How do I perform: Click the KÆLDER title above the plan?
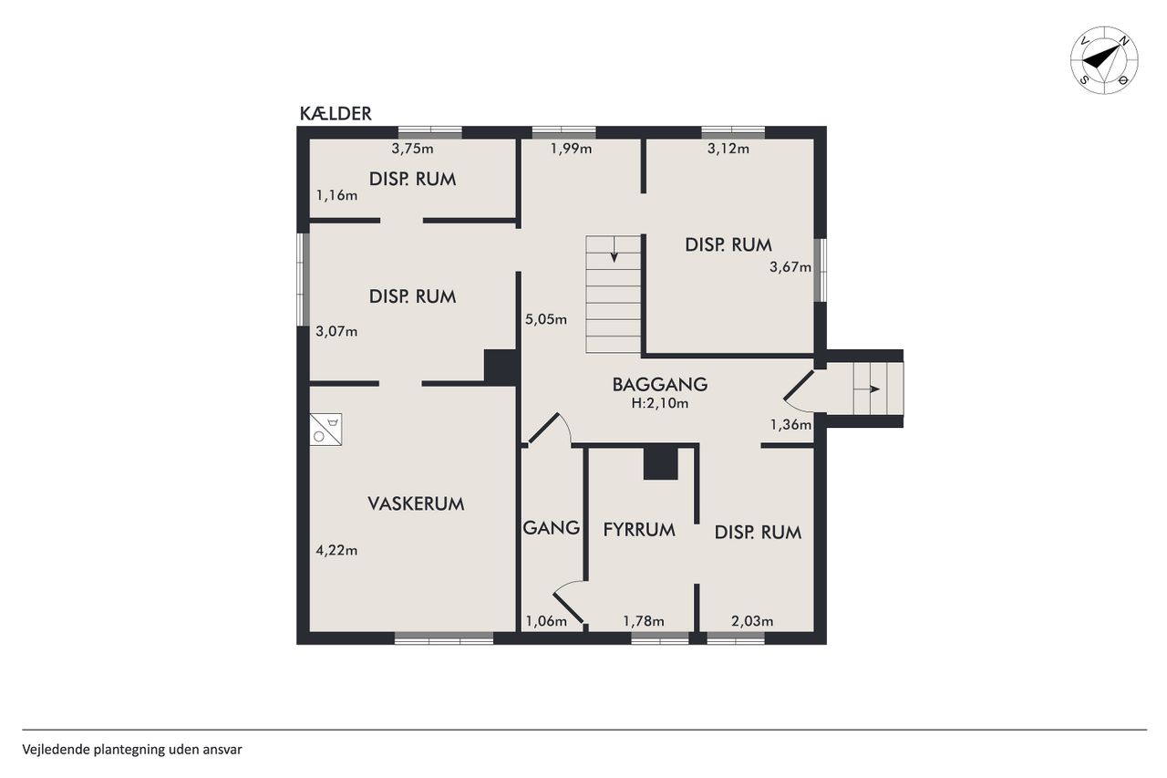[x=336, y=114]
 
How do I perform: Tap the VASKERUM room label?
[x=416, y=503]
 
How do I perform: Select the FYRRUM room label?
[x=639, y=530]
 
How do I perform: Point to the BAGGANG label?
[x=659, y=385]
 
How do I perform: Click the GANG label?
[x=552, y=528]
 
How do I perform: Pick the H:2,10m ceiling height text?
[x=659, y=403]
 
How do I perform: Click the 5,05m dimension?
[x=546, y=319]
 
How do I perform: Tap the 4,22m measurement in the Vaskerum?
[x=336, y=550]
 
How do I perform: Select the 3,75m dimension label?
[x=413, y=149]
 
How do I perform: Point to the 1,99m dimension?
[x=571, y=149]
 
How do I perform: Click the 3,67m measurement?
[x=790, y=267]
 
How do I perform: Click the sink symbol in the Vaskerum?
[x=326, y=430]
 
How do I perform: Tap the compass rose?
[x=1104, y=60]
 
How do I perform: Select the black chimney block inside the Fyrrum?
[x=661, y=463]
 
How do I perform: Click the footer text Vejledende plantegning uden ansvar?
[x=132, y=750]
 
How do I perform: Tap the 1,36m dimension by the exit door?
[x=790, y=425]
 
